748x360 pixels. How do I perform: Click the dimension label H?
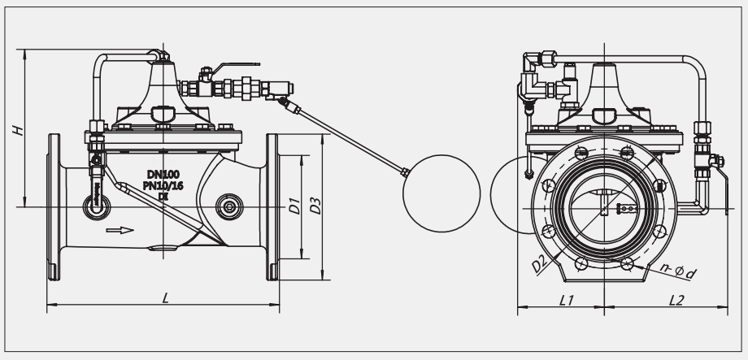coord(18,130)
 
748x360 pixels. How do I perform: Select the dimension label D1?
coord(295,206)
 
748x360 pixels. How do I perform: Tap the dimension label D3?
coord(315,206)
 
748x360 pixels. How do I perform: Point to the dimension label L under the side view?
coord(166,298)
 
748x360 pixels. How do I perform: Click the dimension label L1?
coord(566,301)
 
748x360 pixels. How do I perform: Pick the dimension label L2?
coord(676,301)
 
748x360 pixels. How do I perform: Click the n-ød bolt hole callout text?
coord(679,271)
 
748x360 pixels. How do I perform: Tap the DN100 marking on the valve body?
coord(163,175)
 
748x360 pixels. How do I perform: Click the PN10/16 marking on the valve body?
coord(163,185)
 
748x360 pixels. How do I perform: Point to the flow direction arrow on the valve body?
coord(120,230)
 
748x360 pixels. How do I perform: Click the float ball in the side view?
coord(441,193)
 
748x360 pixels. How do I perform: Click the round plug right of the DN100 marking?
coord(229,207)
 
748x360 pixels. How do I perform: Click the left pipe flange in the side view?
coord(54,207)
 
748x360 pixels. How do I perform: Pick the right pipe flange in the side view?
coord(272,207)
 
